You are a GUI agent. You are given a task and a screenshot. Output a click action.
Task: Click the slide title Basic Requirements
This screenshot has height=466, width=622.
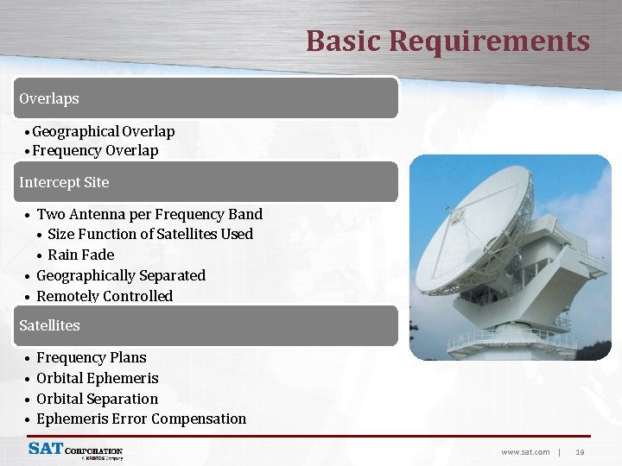[447, 41]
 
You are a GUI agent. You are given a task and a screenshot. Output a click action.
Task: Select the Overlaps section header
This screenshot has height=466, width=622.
[49, 98]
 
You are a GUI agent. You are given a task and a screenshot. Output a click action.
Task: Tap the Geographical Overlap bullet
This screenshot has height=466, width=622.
[103, 131]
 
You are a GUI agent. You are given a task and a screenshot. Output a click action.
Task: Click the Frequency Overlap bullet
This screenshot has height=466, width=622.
[95, 151]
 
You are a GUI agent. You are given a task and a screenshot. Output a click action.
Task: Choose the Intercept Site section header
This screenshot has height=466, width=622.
[64, 182]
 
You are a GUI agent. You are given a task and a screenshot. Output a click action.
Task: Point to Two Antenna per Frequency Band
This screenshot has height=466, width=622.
[149, 214]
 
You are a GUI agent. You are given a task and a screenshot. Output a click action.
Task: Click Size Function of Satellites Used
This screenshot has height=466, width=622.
[150, 234]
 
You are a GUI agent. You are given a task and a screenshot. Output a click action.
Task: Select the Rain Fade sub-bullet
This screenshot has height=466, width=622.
[80, 255]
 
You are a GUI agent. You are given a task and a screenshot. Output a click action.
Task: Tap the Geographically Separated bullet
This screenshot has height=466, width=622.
[120, 275]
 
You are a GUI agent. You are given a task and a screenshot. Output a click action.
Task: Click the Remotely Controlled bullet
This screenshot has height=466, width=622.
[104, 296]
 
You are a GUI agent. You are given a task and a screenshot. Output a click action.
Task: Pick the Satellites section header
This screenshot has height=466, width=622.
[49, 325]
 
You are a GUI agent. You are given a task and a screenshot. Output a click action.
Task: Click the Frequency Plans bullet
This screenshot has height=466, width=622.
[91, 357]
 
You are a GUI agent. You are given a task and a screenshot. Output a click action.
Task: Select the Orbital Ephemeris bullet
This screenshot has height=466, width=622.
[97, 378]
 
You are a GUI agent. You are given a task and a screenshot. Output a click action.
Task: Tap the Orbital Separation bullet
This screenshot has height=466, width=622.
[97, 399]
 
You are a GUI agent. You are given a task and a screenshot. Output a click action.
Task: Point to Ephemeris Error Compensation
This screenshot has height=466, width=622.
[141, 419]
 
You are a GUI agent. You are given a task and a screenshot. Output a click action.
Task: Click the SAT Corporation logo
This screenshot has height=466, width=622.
[75, 450]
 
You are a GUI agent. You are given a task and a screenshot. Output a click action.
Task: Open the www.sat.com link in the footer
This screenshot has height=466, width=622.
[525, 451]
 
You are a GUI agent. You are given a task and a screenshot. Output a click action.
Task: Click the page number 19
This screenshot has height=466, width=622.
[580, 451]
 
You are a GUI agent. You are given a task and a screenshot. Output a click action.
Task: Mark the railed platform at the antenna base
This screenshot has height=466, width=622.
[511, 341]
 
